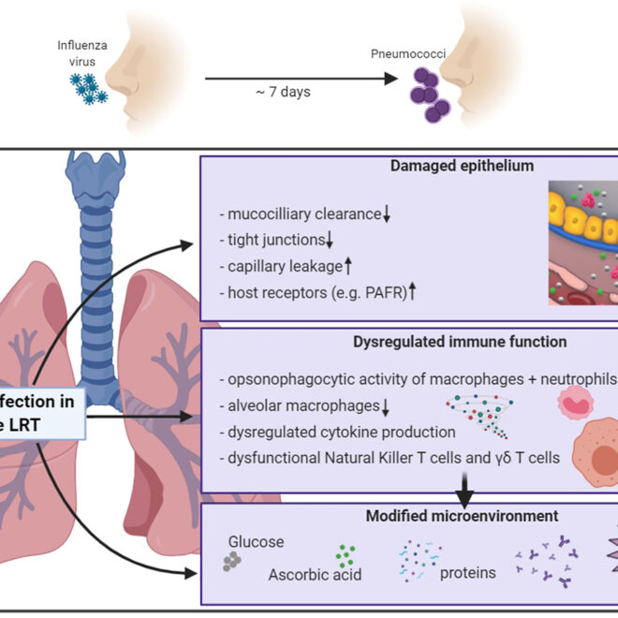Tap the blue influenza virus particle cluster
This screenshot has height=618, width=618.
pos(91,87)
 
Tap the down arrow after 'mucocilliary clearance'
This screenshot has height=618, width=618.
pos(386,215)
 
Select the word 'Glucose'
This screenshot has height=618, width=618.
pos(257,542)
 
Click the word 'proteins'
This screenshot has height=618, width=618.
pos(468,572)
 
